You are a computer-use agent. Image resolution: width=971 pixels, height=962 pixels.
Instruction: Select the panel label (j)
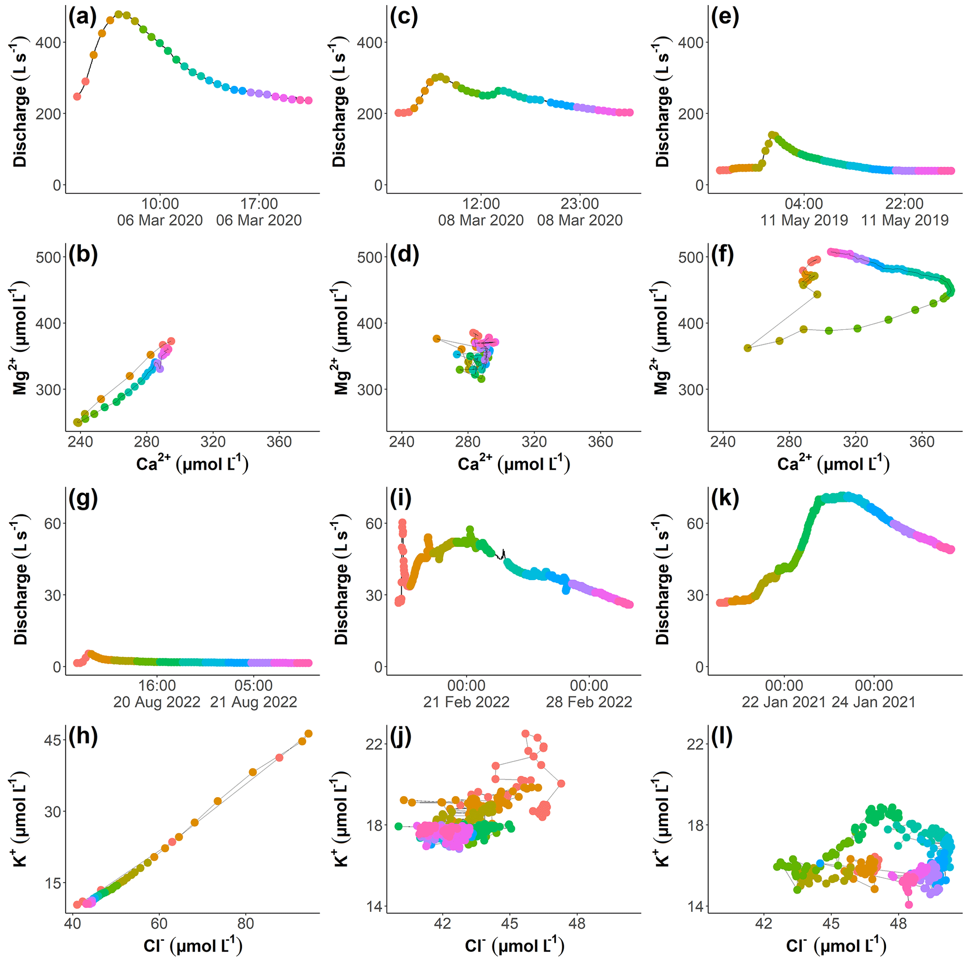click(x=401, y=737)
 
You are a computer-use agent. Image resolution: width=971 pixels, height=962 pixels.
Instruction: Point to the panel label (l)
click(x=722, y=737)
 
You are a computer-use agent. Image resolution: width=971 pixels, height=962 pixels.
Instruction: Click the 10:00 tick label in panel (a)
click(x=160, y=203)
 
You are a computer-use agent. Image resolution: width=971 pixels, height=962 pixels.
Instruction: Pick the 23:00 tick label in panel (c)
click(x=580, y=203)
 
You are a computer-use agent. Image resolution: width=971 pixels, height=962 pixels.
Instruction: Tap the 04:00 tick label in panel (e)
click(x=804, y=203)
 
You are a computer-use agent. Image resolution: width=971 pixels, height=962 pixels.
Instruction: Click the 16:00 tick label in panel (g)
click(x=157, y=685)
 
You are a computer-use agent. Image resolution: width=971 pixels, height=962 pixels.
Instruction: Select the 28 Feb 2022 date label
click(x=589, y=702)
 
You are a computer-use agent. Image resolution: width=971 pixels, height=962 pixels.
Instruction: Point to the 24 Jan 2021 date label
click(x=873, y=702)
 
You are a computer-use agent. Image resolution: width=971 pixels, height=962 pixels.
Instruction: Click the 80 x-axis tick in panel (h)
click(x=245, y=923)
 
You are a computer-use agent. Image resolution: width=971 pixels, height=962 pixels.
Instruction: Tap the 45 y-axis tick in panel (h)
click(x=52, y=740)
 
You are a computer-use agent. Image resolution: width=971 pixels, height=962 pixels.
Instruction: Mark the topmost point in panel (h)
click(x=309, y=734)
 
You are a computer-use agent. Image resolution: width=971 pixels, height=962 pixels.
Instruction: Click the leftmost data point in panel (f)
click(x=747, y=348)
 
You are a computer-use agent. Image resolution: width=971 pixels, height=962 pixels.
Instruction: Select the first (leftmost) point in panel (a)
click(x=77, y=96)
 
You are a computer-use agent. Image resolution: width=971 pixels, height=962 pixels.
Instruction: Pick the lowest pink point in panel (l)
click(x=909, y=905)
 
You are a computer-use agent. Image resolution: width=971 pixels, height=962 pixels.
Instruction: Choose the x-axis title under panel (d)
click(x=513, y=464)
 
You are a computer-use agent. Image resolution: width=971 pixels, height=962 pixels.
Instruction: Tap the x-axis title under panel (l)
click(x=835, y=946)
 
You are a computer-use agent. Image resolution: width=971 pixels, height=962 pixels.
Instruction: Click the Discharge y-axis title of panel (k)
click(x=662, y=579)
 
